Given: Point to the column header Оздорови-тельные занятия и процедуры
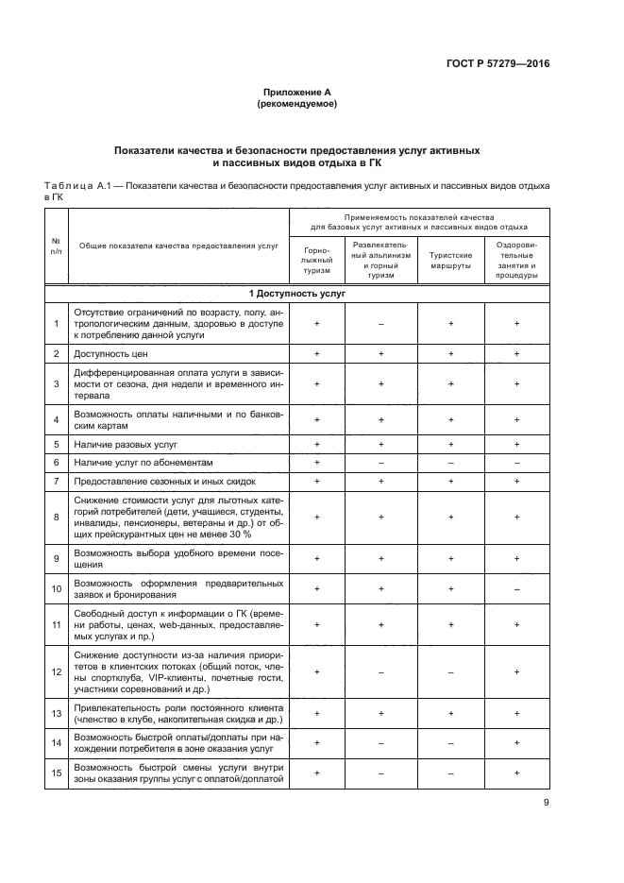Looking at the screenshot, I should [x=516, y=260].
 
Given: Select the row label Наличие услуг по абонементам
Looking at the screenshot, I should [x=143, y=463].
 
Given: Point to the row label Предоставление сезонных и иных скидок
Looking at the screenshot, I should [x=163, y=482].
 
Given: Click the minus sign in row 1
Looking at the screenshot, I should [x=381, y=324].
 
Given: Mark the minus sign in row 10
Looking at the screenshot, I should [x=516, y=588].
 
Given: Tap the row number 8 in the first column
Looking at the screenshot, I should [x=57, y=517].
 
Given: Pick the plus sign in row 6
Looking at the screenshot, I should [x=317, y=463].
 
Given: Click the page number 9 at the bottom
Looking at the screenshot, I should [x=546, y=803].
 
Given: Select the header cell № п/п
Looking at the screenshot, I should [x=57, y=246].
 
